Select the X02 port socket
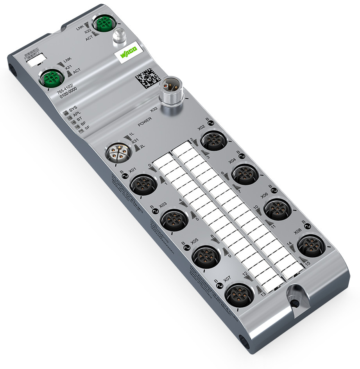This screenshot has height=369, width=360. pyautogui.click(x=213, y=141)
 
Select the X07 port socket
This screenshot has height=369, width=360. pyautogui.click(x=238, y=295)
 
